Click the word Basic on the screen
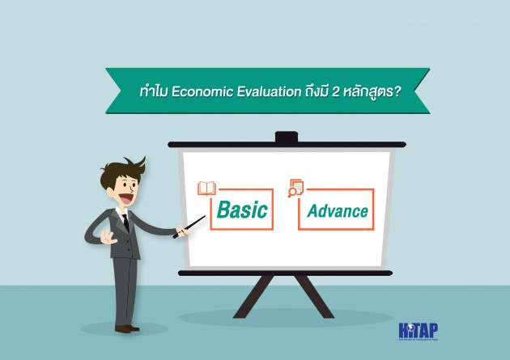242,210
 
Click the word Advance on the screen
338,212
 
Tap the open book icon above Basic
206,188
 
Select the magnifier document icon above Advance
295,188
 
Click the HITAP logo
418,332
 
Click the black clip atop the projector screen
286,138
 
